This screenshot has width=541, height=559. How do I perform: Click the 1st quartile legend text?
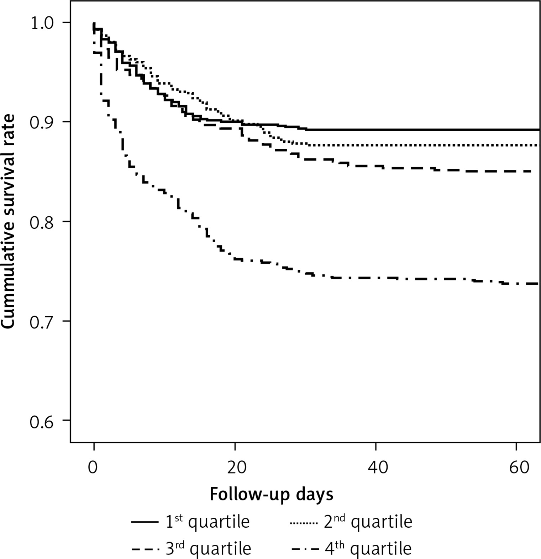[x=207, y=522]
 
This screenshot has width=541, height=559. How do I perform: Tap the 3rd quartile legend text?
[x=208, y=548]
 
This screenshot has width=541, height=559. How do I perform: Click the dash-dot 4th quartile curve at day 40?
[x=376, y=278]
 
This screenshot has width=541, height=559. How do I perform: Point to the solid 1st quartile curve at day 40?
[x=376, y=130]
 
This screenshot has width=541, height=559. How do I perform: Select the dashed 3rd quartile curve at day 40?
[x=376, y=166]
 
